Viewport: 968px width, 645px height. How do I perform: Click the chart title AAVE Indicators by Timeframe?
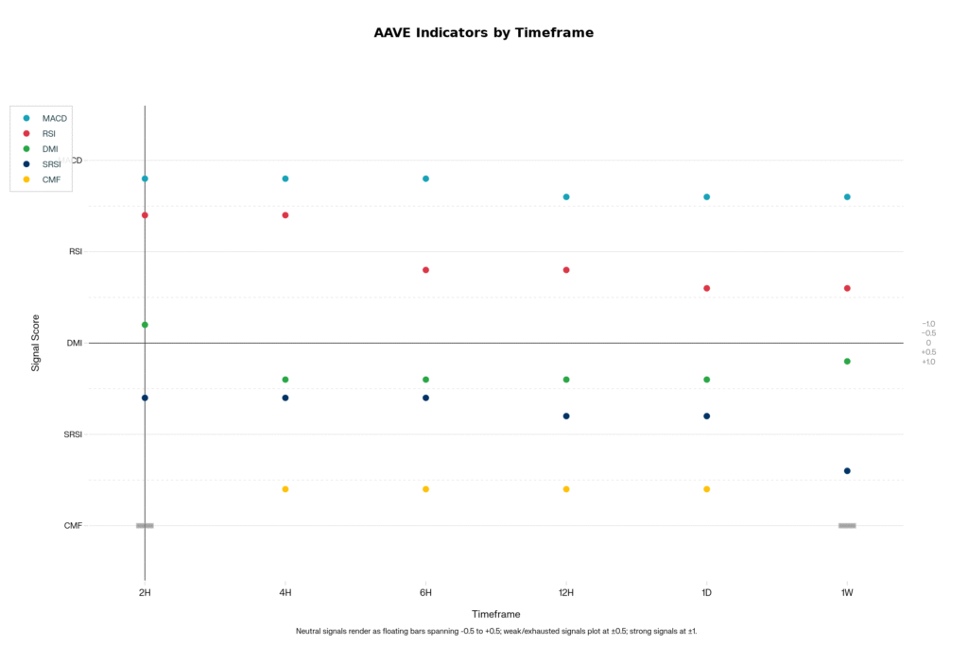click(x=483, y=32)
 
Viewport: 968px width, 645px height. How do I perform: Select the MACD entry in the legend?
click(x=55, y=118)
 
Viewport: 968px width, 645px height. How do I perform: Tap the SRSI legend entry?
click(x=51, y=164)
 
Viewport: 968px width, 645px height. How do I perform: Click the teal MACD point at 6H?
click(x=425, y=178)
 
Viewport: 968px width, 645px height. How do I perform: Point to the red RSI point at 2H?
click(x=145, y=215)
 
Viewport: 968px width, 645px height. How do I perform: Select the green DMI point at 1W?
click(x=847, y=362)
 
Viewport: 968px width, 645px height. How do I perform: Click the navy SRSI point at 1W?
click(x=847, y=471)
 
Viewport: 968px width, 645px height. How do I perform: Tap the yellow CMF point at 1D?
click(x=706, y=489)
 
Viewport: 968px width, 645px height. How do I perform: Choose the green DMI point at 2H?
click(x=145, y=325)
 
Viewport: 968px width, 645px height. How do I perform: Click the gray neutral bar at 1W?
click(x=847, y=526)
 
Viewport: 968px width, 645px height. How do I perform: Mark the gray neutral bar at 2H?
click(x=145, y=526)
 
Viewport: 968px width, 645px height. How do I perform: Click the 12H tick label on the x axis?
click(x=566, y=593)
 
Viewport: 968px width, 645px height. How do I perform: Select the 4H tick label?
click(x=285, y=593)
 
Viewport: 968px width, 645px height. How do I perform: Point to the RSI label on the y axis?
click(x=76, y=252)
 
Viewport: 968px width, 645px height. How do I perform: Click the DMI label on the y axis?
click(x=75, y=343)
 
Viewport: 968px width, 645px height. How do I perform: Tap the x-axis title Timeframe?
click(x=495, y=614)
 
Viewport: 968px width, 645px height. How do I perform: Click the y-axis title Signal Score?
click(x=36, y=343)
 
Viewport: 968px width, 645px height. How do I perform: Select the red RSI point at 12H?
click(x=566, y=270)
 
